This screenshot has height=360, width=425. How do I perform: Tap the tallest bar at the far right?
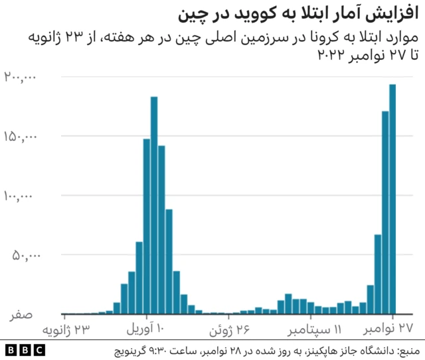(392, 199)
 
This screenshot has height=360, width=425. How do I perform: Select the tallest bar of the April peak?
(154, 205)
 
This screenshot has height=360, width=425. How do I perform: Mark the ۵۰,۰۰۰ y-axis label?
(25, 255)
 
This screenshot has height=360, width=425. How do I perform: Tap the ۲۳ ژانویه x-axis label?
(66, 330)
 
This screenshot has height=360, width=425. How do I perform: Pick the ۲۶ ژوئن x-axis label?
(231, 330)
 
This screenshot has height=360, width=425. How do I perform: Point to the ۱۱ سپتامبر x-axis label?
(314, 330)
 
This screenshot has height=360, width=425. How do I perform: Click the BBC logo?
(25, 349)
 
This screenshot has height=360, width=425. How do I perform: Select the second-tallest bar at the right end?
(385, 213)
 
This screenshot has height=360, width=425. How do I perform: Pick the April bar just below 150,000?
(147, 226)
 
